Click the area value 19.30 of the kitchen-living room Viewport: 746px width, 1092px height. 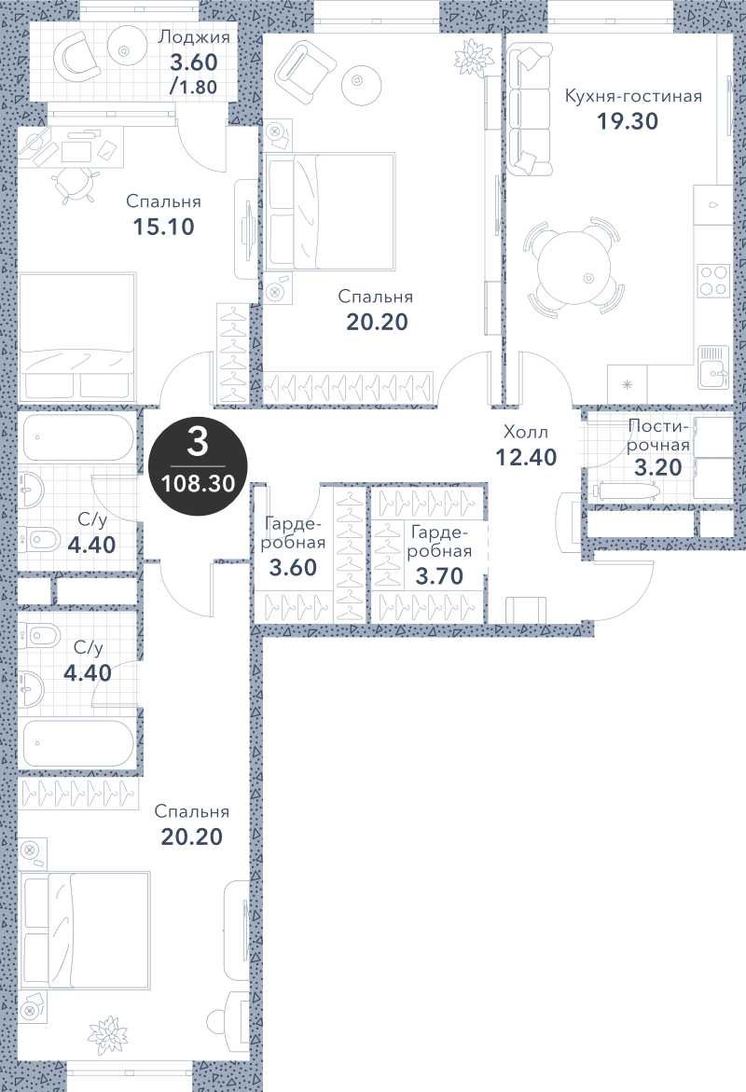point(627,121)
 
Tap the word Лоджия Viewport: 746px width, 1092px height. point(194,37)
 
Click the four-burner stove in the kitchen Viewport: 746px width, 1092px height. point(713,281)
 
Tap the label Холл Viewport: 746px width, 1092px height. point(526,433)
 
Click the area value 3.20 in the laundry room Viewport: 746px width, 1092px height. point(657,466)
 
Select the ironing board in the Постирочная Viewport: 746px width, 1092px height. point(624,491)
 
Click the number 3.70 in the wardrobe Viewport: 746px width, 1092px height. point(439,576)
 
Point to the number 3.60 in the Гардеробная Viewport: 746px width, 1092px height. point(293,568)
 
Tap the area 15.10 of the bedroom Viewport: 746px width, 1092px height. point(164,227)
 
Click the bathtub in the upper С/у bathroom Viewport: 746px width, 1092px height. point(78,437)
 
